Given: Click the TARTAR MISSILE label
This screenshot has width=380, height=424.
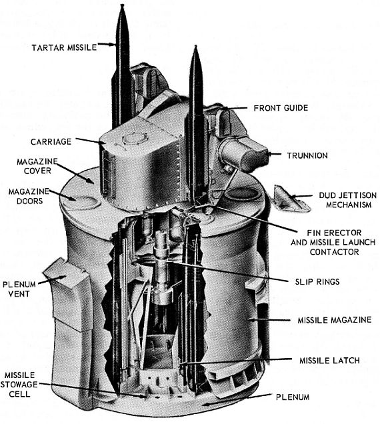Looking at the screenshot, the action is pyautogui.click(x=64, y=47).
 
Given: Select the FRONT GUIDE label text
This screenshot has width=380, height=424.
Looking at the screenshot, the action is pyautogui.click(x=281, y=108).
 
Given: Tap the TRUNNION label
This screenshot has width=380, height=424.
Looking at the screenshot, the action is pyautogui.click(x=307, y=155).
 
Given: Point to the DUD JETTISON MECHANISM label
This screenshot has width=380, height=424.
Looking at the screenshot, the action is pyautogui.click(x=348, y=200).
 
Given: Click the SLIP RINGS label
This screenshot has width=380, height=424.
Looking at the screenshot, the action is pyautogui.click(x=317, y=282).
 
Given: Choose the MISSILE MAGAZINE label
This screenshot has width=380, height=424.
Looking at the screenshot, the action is pyautogui.click(x=335, y=320).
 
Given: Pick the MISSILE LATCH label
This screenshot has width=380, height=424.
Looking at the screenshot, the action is pyautogui.click(x=329, y=361).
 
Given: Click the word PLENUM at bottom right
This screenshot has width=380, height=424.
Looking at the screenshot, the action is pyautogui.click(x=293, y=397).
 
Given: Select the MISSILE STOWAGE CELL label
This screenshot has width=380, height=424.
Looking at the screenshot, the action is pyautogui.click(x=19, y=385).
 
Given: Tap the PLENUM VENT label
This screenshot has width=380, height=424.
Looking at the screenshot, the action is pyautogui.click(x=19, y=289).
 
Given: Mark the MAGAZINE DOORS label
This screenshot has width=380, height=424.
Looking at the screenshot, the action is pyautogui.click(x=29, y=196).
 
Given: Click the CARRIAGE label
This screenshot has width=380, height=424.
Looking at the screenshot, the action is pyautogui.click(x=51, y=142).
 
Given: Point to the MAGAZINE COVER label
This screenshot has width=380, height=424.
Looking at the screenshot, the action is pyautogui.click(x=37, y=166).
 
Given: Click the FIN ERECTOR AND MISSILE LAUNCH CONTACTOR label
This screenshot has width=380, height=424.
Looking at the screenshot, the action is pyautogui.click(x=333, y=242).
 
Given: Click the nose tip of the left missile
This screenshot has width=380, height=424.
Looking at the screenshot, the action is pyautogui.click(x=122, y=5).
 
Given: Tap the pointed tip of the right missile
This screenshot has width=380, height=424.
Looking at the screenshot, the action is pyautogui.click(x=195, y=46).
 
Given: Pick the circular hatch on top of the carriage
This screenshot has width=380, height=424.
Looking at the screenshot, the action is pyautogui.click(x=135, y=140).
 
